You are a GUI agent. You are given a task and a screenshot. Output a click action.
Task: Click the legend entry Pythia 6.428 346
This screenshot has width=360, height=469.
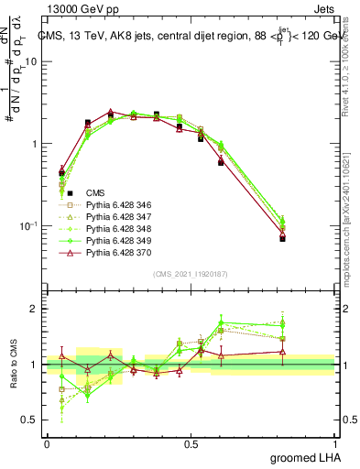click(115, 204)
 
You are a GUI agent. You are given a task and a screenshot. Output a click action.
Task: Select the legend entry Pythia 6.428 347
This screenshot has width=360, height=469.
click(115, 216)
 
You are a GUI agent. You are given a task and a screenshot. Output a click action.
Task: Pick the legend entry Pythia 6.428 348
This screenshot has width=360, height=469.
click(115, 228)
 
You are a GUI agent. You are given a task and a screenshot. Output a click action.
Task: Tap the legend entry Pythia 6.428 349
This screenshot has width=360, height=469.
click(115, 240)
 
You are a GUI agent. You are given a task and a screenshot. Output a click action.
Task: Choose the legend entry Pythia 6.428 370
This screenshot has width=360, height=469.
click(115, 252)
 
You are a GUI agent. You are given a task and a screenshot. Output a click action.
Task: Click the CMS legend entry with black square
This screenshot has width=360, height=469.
click(94, 192)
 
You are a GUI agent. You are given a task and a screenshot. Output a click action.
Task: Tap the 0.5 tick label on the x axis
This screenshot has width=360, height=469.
click(191, 443)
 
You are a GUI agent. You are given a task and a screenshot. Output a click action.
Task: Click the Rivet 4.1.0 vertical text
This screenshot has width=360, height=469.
click(349, 64)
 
